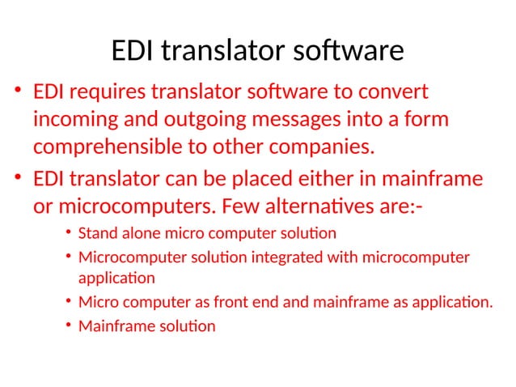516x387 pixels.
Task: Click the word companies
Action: [325, 148]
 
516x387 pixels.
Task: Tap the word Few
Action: [244, 206]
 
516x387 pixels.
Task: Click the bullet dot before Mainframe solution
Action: [69, 327]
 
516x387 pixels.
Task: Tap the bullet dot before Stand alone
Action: [69, 235]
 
